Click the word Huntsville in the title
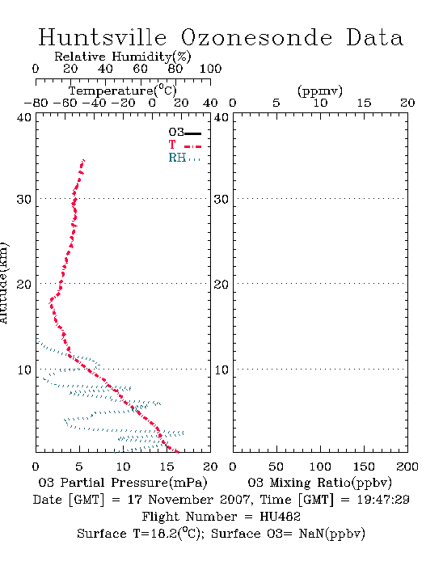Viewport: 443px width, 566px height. pyautogui.click(x=103, y=37)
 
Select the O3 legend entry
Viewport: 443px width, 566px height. pyautogui.click(x=184, y=133)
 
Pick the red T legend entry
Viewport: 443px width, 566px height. pyautogui.click(x=184, y=145)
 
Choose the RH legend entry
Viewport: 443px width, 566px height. pyautogui.click(x=184, y=158)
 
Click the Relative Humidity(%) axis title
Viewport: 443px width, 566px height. pyautogui.click(x=123, y=57)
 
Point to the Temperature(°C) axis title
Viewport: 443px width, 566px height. pyautogui.click(x=123, y=91)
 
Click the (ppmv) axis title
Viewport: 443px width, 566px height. pyautogui.click(x=320, y=91)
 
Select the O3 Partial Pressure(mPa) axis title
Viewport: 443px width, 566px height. pyautogui.click(x=123, y=483)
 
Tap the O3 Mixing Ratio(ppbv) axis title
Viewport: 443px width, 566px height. pyautogui.click(x=319, y=483)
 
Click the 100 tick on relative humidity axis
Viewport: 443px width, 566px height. pyautogui.click(x=210, y=69)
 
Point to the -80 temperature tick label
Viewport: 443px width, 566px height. pyautogui.click(x=36, y=103)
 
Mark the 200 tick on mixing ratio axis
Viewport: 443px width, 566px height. pyautogui.click(x=407, y=467)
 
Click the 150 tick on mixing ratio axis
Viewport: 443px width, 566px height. pyautogui.click(x=364, y=467)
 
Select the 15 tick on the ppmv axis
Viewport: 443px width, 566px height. pyautogui.click(x=364, y=103)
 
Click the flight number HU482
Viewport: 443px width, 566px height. pyautogui.click(x=280, y=517)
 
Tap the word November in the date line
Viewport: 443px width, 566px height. pyautogui.click(x=181, y=500)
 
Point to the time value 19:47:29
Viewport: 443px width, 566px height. pyautogui.click(x=383, y=500)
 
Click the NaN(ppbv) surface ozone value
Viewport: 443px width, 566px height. pyautogui.click(x=332, y=534)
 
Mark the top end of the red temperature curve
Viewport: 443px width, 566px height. pyautogui.click(x=84, y=160)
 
